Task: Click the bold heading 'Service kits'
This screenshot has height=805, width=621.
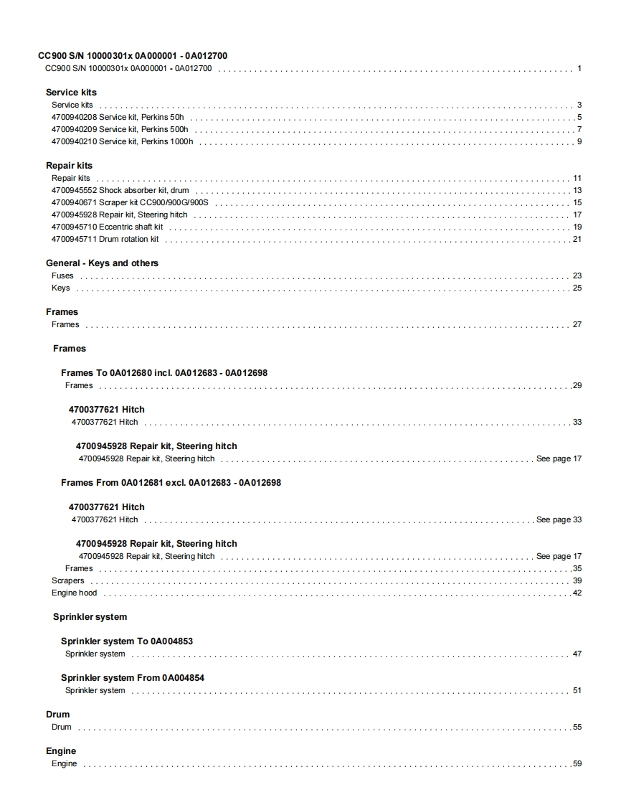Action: click(71, 93)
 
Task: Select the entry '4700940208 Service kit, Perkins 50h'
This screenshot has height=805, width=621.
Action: click(118, 118)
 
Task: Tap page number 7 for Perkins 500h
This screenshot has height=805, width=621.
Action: click(579, 130)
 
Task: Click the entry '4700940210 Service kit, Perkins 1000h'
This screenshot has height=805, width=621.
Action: click(122, 142)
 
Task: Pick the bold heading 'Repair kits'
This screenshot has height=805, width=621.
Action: click(69, 166)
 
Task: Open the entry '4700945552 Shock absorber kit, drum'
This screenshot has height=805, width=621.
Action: click(120, 191)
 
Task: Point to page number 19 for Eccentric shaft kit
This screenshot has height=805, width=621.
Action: click(577, 227)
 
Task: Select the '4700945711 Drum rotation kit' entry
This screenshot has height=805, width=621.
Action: click(105, 240)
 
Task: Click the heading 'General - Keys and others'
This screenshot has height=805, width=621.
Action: click(102, 263)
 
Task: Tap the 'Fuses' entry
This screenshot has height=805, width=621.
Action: click(62, 276)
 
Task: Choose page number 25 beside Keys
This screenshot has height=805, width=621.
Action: click(577, 288)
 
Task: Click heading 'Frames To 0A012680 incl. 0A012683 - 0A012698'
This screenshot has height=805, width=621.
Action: click(164, 373)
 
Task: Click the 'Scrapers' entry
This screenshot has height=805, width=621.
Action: click(67, 581)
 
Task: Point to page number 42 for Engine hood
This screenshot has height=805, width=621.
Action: click(577, 593)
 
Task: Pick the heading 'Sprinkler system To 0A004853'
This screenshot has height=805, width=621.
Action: click(127, 641)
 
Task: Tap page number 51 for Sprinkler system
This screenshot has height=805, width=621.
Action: click(577, 691)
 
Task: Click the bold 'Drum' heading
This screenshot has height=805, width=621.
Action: click(57, 715)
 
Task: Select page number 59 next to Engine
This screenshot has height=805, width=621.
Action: click(577, 764)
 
